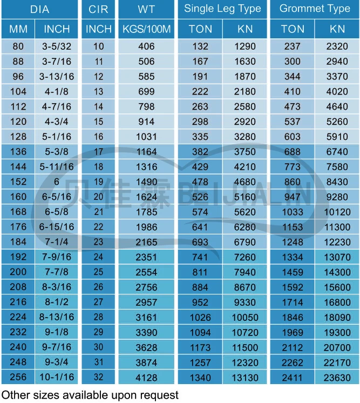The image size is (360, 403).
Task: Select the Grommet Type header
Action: [315, 9]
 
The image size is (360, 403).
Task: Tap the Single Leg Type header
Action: [222, 9]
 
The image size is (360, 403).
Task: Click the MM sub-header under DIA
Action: [18, 29]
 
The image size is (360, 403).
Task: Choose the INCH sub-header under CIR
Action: [99, 29]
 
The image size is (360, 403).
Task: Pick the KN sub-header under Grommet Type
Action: [337, 29]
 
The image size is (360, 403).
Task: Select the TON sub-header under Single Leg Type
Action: [200, 29]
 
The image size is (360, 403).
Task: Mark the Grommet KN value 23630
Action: [337, 378]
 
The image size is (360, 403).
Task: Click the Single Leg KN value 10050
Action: [246, 317]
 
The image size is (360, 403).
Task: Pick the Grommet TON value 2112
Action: [293, 347]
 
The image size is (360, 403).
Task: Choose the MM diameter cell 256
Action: [18, 378]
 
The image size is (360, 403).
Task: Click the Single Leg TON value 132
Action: [200, 46]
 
